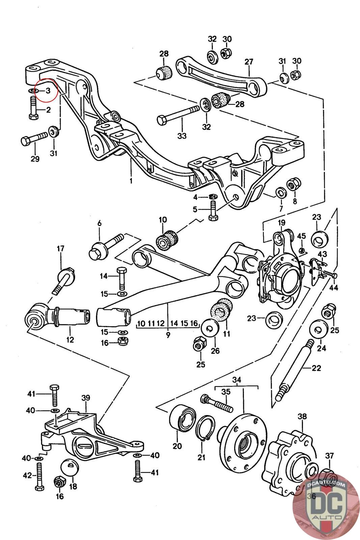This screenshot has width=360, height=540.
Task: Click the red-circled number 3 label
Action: click(x=48, y=91)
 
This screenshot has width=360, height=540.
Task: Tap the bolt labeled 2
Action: click(x=33, y=108)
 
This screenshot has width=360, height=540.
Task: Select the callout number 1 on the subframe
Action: click(x=131, y=181)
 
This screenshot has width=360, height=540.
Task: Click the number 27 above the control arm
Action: click(x=249, y=62)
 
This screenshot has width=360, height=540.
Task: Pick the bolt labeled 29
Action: click(x=34, y=138)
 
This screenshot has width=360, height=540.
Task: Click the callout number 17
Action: click(x=60, y=248)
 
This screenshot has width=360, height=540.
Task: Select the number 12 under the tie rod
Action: click(x=70, y=340)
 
